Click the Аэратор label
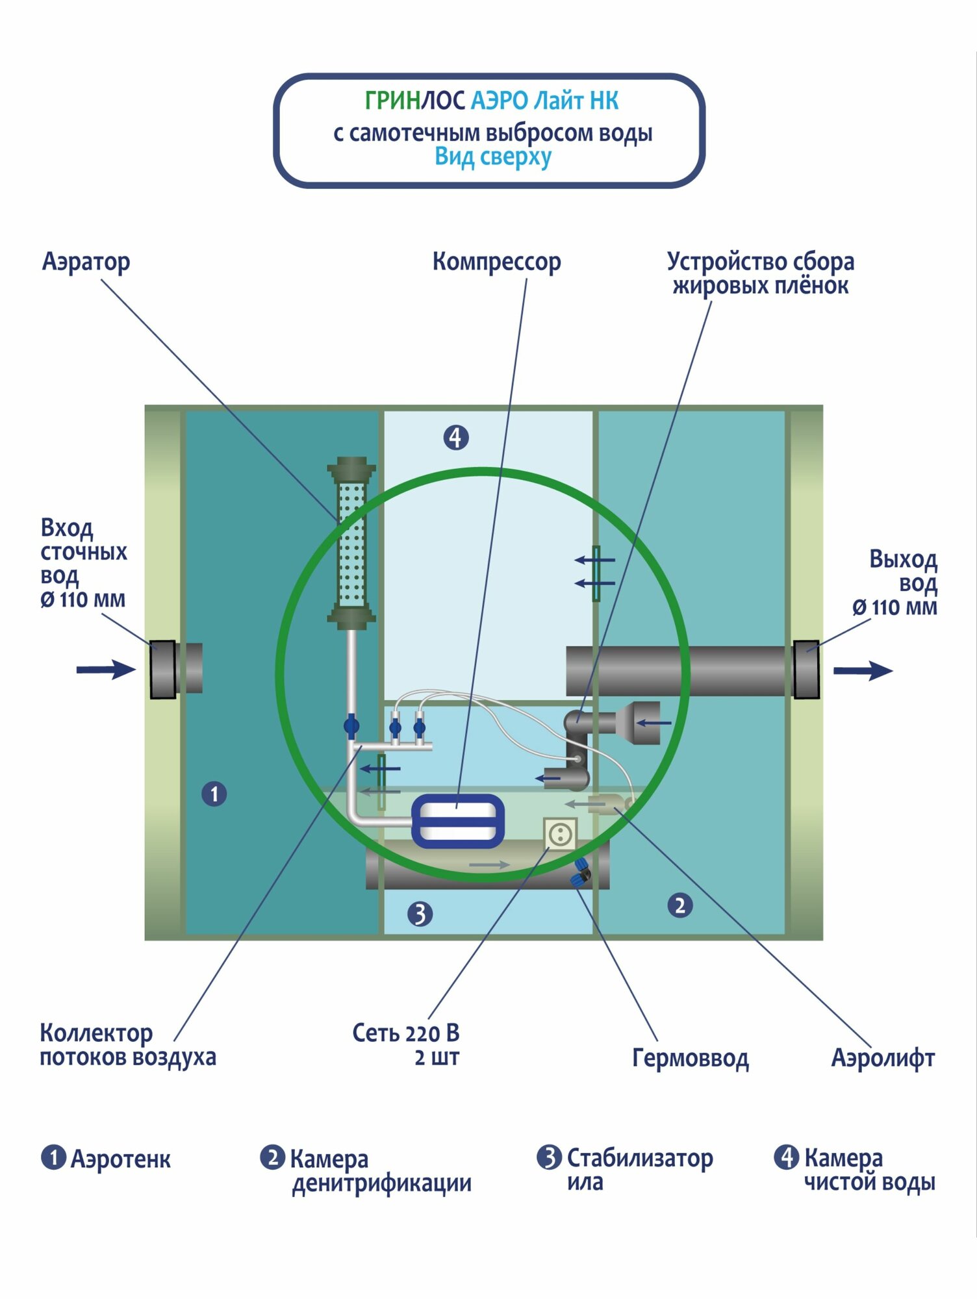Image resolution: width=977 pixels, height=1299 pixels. (x=86, y=262)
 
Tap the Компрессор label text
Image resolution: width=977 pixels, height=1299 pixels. (x=496, y=262)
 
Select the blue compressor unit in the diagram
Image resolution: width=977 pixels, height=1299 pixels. (x=458, y=821)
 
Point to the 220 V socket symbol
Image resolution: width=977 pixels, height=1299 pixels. (x=560, y=833)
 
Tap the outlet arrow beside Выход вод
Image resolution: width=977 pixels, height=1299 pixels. (x=863, y=671)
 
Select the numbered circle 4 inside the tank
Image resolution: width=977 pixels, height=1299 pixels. (x=456, y=437)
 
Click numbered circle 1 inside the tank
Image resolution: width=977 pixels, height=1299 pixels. (x=214, y=794)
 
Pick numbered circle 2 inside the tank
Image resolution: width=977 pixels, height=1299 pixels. (x=679, y=905)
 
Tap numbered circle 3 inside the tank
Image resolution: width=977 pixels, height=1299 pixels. (x=420, y=914)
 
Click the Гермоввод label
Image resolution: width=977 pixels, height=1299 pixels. (x=690, y=1058)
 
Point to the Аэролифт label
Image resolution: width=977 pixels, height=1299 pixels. (x=883, y=1058)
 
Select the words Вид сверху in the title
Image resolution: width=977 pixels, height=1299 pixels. (x=493, y=157)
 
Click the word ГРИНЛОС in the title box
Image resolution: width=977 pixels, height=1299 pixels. (x=414, y=101)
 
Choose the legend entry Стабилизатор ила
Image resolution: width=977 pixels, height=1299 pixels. (x=626, y=1170)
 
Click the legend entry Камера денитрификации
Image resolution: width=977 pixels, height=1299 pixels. (x=367, y=1171)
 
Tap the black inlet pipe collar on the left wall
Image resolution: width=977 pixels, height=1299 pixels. (x=163, y=670)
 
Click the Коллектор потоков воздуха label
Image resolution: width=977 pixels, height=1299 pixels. (x=127, y=1045)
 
